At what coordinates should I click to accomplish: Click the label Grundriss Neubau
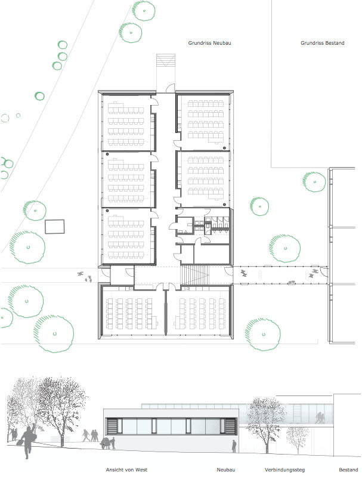point(209,43)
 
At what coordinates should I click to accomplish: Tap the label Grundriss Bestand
point(322,43)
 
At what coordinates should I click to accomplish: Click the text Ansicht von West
point(126,470)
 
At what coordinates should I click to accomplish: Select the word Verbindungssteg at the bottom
point(284,470)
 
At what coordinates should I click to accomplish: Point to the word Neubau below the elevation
point(226,470)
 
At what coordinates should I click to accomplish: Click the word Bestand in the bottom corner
point(348,470)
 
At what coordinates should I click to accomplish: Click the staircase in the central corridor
point(196,275)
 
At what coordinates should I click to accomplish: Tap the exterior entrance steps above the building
point(166,60)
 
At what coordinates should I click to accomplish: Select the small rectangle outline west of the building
point(55,227)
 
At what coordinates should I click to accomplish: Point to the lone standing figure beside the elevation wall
point(234,446)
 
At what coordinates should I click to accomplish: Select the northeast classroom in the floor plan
point(204,123)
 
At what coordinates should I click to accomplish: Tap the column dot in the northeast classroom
point(224,148)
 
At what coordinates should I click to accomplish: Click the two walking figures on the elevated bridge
point(320,418)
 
